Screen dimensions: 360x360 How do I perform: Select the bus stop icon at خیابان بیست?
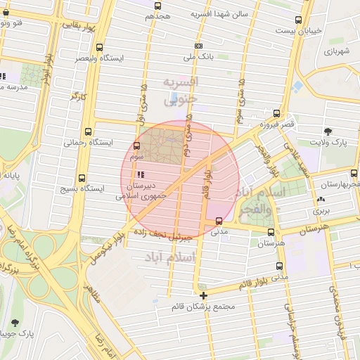point(298,20)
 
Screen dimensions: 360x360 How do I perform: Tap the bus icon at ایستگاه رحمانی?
point(88,131)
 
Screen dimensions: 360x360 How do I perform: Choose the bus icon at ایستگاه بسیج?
point(82,178)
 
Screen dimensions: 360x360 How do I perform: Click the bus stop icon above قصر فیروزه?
point(275,113)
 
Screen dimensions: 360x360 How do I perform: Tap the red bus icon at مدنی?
point(219,221)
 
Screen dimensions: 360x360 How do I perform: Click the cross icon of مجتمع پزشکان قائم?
point(203,295)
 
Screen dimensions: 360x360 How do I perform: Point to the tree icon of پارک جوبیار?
point(15,322)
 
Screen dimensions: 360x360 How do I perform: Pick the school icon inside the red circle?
point(141,174)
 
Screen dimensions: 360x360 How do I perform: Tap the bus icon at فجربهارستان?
point(352,173)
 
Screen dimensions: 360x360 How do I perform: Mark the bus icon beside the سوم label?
point(136,146)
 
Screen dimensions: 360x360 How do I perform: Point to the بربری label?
point(321,210)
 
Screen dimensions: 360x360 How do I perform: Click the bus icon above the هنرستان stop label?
point(270,232)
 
